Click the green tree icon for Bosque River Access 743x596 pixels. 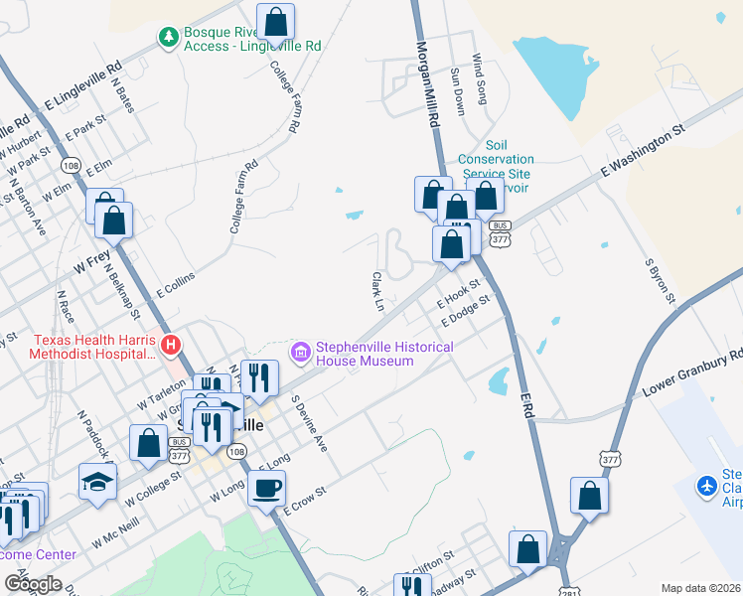click(169, 37)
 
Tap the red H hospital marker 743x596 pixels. click(171, 346)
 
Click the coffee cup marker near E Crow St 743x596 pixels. click(267, 489)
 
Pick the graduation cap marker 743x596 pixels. click(96, 481)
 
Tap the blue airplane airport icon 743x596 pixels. click(706, 487)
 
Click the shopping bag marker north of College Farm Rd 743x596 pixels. click(274, 20)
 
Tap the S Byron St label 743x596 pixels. click(661, 282)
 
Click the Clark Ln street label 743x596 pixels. click(377, 291)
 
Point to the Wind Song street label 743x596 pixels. click(480, 79)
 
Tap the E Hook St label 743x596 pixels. click(463, 294)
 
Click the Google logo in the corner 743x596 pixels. click(32, 584)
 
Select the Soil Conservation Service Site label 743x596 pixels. click(496, 159)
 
